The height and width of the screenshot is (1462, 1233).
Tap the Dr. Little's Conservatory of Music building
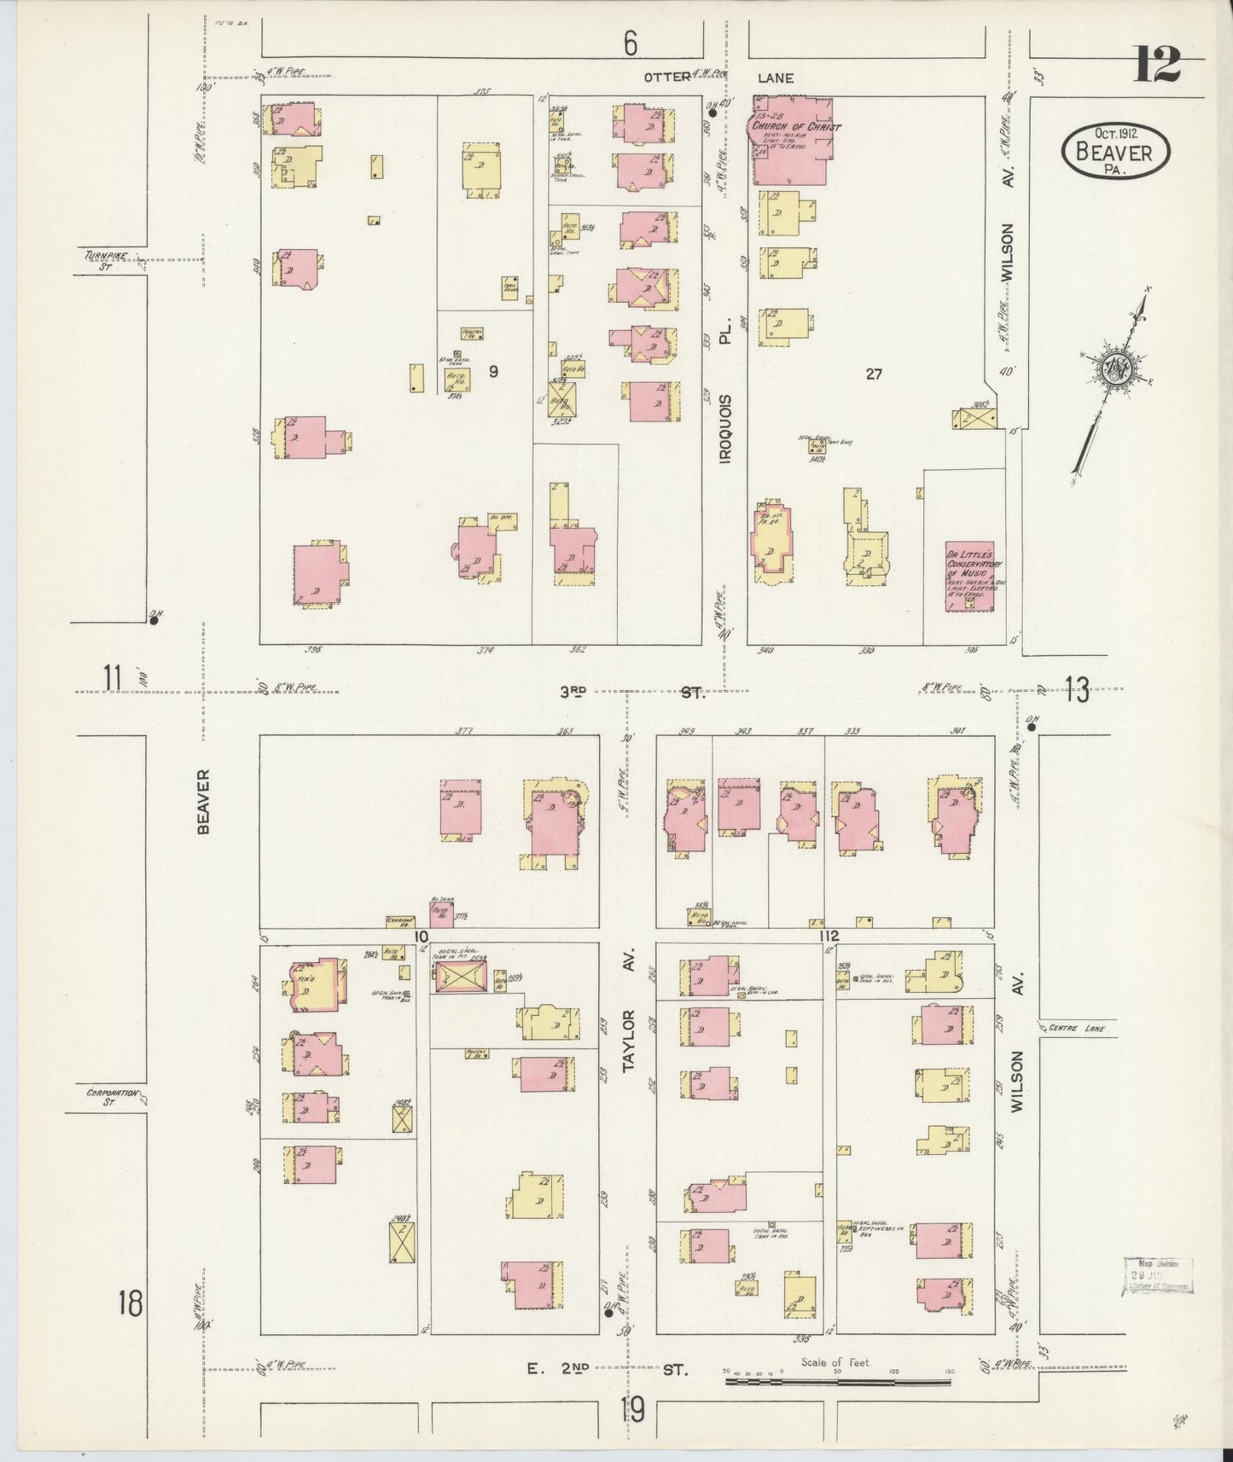coord(974,575)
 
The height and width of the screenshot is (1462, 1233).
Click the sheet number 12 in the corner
coord(1157,64)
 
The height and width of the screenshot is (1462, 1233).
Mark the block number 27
coord(873,373)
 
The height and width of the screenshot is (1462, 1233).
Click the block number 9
coord(493,371)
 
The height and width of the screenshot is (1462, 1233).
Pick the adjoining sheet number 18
coord(131,1303)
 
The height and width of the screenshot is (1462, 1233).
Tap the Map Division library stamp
coord(1157,1277)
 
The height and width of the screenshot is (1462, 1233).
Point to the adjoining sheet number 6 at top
coord(630,44)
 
